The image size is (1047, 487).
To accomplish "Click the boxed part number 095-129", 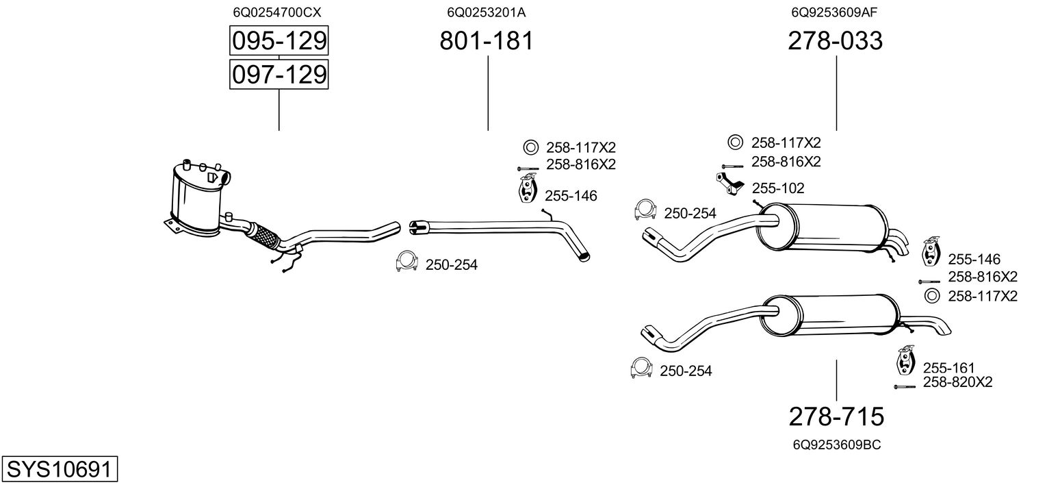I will [x=279, y=41].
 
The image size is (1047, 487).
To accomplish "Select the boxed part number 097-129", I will [x=279, y=74].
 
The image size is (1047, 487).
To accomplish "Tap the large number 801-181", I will [x=487, y=41].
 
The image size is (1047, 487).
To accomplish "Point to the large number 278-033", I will [x=836, y=41].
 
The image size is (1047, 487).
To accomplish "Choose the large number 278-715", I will [x=836, y=416].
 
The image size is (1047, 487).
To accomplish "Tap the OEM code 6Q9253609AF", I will [x=835, y=12].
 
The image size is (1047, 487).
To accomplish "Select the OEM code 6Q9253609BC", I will [x=836, y=445].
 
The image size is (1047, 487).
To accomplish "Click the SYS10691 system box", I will [x=59, y=470].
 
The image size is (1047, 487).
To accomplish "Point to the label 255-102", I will [x=778, y=188].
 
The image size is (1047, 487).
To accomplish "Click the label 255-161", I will [x=948, y=368].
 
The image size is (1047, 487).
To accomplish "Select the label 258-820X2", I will [x=957, y=382].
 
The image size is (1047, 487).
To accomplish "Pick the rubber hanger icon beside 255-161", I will [x=905, y=360].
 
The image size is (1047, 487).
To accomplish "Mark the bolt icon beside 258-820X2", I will [x=904, y=387].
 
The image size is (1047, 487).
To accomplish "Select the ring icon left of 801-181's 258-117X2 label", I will [x=530, y=147].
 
